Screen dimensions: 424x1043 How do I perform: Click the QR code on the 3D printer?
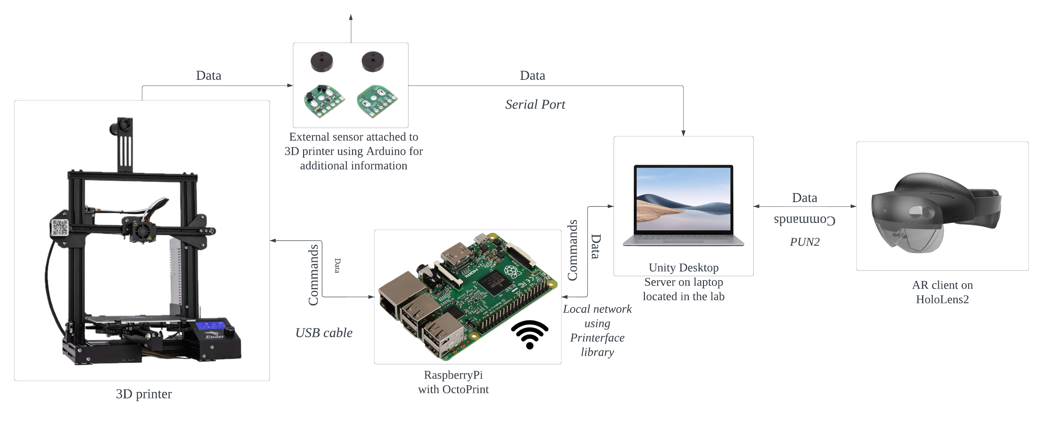click(x=59, y=227)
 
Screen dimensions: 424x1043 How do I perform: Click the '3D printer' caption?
click(x=144, y=394)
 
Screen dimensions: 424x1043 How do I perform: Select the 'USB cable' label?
click(x=324, y=333)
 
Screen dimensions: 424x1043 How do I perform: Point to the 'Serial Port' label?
click(x=535, y=105)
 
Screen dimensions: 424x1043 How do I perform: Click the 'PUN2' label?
click(x=804, y=242)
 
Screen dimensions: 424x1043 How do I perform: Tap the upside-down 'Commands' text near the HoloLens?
click(x=804, y=220)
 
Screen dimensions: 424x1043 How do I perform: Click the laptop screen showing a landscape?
click(x=684, y=200)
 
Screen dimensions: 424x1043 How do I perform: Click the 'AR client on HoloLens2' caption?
click(x=942, y=292)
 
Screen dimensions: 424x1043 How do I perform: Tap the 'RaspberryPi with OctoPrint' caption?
click(x=453, y=382)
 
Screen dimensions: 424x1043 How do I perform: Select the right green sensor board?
click(x=376, y=101)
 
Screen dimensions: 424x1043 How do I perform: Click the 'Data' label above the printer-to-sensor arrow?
click(x=208, y=76)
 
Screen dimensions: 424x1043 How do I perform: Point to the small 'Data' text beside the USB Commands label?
click(x=337, y=265)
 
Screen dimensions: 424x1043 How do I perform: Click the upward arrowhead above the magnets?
click(x=351, y=17)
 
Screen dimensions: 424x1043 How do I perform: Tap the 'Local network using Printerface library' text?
click(x=597, y=330)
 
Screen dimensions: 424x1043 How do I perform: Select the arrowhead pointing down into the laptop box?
click(x=683, y=133)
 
